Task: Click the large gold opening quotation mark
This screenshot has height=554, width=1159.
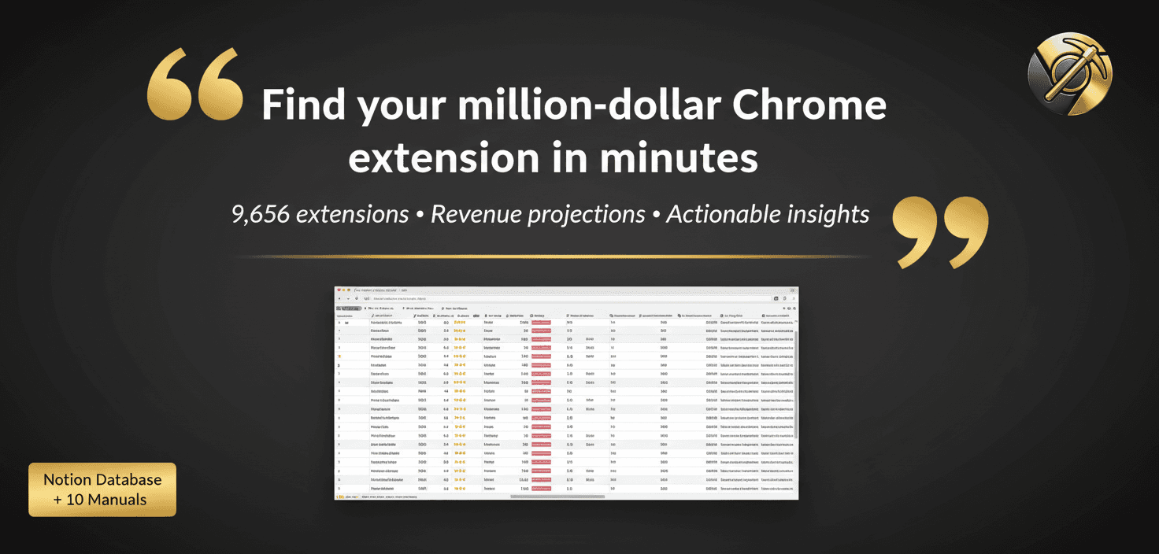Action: click(194, 84)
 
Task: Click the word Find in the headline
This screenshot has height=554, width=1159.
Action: click(302, 106)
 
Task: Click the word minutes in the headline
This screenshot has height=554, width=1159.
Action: click(678, 158)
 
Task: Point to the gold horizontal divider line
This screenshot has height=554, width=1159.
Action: click(551, 257)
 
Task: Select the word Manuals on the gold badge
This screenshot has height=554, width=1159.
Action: click(118, 499)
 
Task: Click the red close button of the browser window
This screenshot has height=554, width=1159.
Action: click(339, 290)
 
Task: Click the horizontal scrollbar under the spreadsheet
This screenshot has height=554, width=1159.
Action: click(557, 497)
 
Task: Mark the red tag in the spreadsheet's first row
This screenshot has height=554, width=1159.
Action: click(541, 322)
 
